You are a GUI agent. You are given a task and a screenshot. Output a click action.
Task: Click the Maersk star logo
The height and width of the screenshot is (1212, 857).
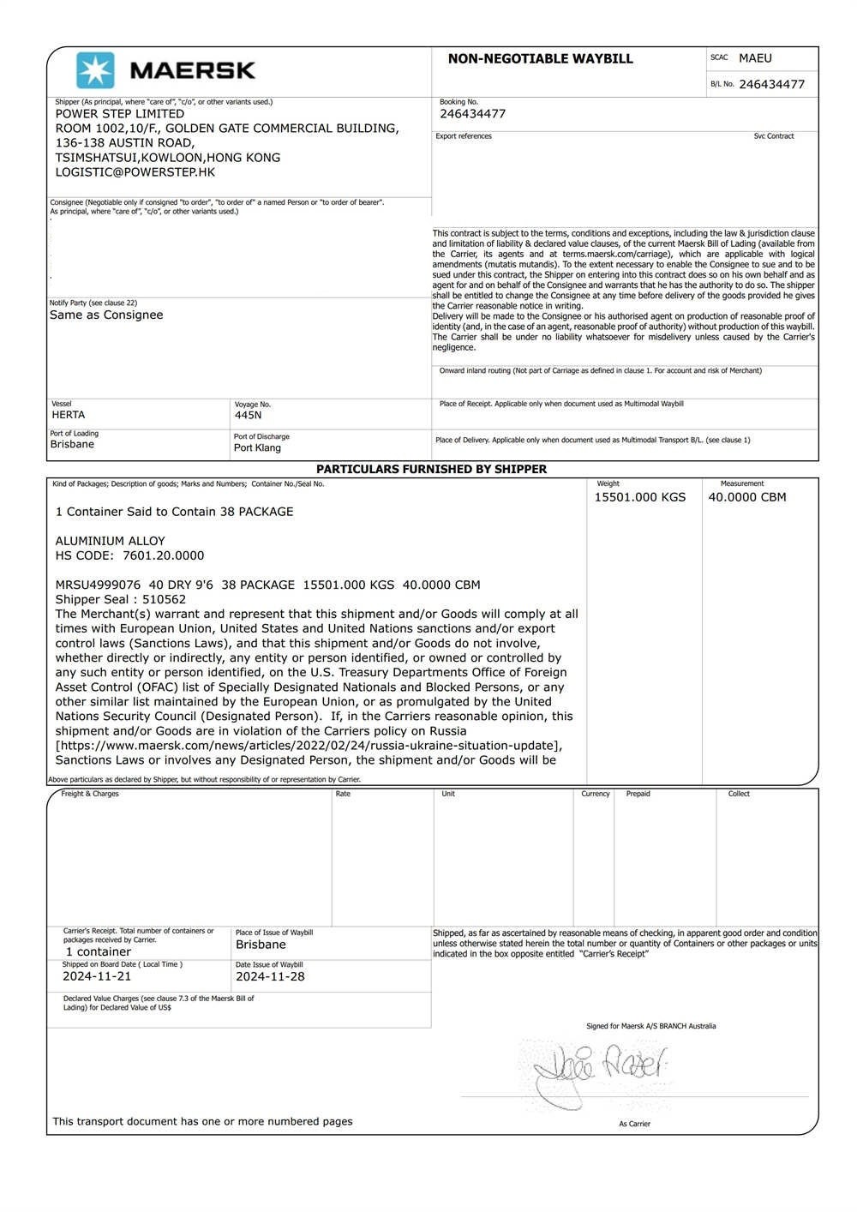(x=95, y=70)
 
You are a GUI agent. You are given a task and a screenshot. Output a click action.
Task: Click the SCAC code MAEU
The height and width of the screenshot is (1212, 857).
(x=755, y=58)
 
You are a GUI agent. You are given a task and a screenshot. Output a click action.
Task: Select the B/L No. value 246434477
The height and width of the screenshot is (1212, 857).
(x=771, y=84)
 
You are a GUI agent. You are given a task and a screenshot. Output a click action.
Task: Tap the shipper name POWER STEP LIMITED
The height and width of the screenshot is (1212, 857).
(x=119, y=113)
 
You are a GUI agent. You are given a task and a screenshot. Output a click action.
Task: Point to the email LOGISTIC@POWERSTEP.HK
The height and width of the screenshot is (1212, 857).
(x=135, y=171)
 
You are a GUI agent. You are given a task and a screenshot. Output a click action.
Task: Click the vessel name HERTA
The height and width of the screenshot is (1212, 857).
(x=68, y=415)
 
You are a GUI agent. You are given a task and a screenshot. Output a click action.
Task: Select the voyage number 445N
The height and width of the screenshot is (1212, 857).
(x=248, y=416)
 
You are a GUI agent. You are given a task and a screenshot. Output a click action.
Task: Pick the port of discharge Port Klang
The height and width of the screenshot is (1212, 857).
(x=257, y=447)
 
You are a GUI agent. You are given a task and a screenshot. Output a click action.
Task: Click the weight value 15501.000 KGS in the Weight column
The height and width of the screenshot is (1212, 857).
(x=640, y=497)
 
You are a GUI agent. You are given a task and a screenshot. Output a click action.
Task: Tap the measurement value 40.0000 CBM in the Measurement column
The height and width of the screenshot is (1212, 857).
(x=746, y=497)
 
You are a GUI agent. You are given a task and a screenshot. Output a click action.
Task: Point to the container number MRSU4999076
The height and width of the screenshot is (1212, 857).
(x=96, y=585)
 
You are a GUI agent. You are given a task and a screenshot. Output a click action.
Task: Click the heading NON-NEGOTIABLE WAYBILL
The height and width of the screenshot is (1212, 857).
(x=540, y=59)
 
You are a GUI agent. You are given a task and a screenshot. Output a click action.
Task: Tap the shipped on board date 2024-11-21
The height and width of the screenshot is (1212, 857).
(x=97, y=976)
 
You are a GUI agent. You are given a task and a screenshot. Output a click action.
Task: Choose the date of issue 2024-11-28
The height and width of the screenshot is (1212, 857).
(x=270, y=976)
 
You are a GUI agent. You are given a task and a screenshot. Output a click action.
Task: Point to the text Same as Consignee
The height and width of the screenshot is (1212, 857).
(x=106, y=315)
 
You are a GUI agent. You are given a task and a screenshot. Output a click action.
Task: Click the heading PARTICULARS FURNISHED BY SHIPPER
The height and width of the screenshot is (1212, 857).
(x=431, y=469)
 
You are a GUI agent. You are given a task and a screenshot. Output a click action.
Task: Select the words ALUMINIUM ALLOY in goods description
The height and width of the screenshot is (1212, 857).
(x=111, y=541)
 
